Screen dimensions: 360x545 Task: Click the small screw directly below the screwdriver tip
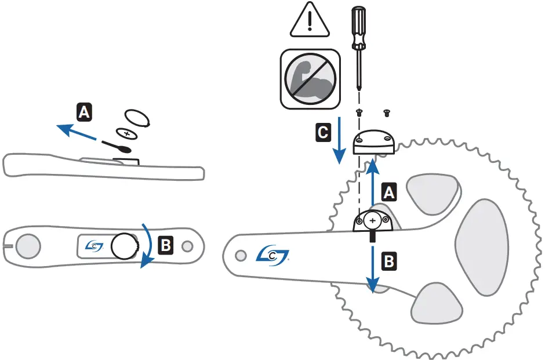coord(359,113)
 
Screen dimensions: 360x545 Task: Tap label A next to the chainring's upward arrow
coord(390,192)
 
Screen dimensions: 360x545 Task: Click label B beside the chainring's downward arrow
coord(390,261)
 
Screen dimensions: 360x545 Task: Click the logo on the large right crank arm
coord(272,253)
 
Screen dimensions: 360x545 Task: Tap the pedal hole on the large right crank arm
coord(240,254)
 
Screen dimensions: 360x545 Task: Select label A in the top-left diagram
coord(84,111)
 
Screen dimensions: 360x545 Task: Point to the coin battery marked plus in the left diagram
coord(127,132)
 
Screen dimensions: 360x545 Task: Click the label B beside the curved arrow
coord(166,245)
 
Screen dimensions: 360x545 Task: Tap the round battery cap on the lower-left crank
coord(123,246)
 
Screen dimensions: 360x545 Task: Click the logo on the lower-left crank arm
coord(92,246)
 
